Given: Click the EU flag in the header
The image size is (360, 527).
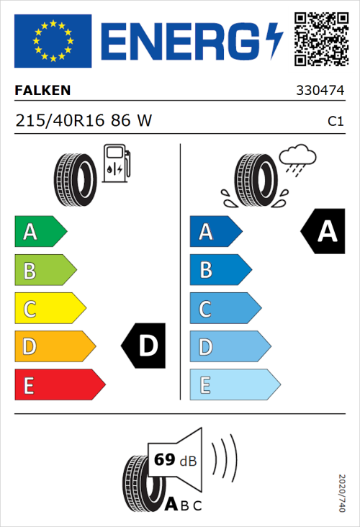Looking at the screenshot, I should coord(53,40).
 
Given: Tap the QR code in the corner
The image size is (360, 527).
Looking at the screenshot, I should coord(320,40).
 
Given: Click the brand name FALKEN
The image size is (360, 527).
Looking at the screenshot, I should coord(42,91).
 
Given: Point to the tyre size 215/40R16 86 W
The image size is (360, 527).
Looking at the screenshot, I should coord(84,121).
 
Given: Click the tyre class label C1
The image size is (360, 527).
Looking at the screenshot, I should coord(335,122).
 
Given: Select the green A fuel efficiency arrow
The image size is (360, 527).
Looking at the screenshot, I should coord(40,232).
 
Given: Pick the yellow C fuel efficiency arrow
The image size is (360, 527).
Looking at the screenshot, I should coord(49,309).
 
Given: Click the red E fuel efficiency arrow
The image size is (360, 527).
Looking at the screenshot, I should coord(58,385).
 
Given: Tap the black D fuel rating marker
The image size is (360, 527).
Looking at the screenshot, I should coord(145,346).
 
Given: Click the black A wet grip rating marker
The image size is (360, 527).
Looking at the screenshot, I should coord(323,232).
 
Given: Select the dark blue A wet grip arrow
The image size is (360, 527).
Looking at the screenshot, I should coord(215,232).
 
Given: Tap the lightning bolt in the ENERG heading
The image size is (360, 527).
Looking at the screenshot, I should coord(275,40).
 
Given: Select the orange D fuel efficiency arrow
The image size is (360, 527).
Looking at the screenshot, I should coord(54,347).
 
